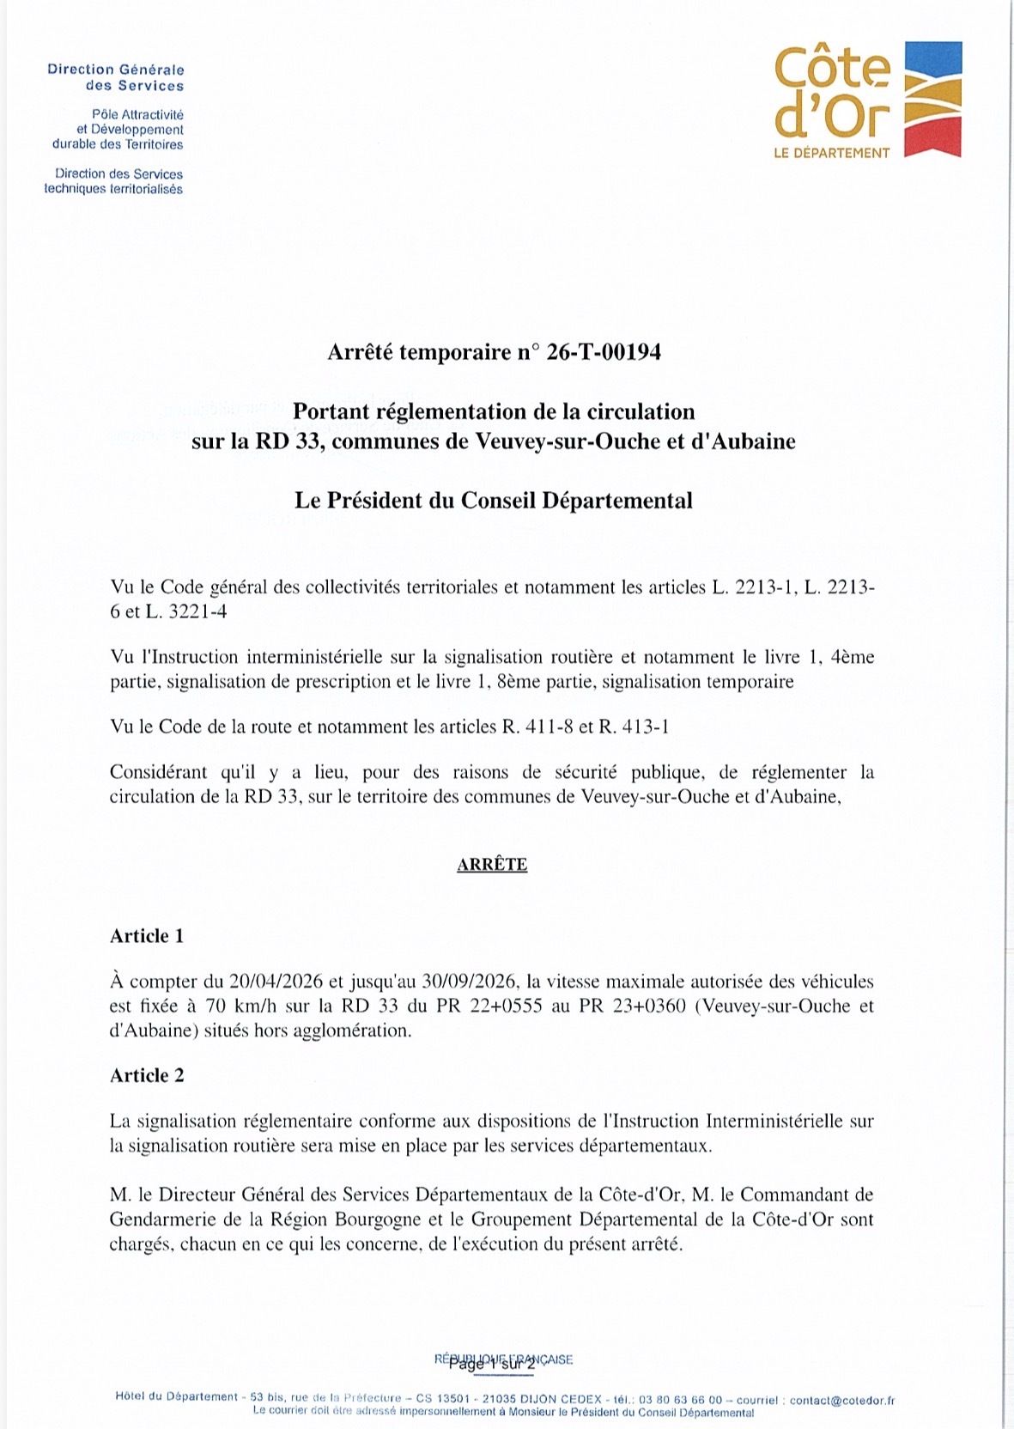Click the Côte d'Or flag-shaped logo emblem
933,99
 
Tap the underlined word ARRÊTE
492,864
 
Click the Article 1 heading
147,936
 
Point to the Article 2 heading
147,1075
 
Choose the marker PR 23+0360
633,1006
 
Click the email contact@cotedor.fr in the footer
841,1400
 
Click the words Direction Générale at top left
116,70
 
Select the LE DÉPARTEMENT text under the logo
832,153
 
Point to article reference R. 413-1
634,727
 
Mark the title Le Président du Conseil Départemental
494,501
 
